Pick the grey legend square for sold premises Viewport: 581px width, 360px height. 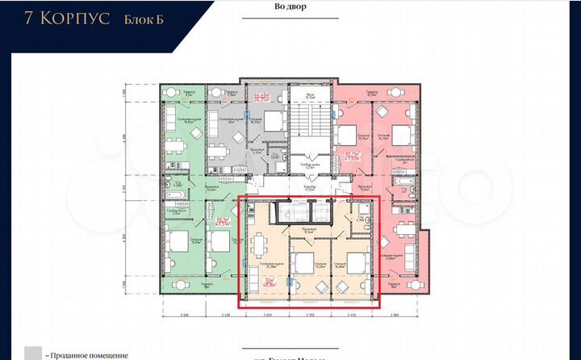(33, 354)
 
